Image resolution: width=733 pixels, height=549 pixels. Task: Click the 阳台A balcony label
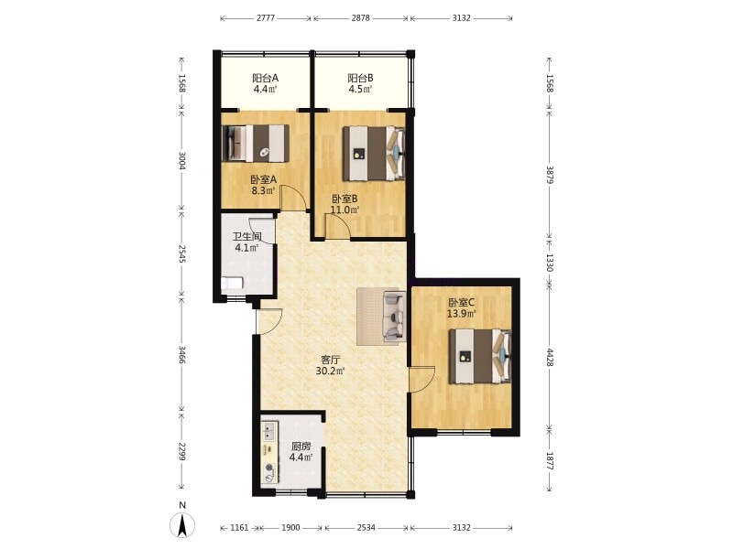[265, 78]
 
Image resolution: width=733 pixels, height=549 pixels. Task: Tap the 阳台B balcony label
[360, 78]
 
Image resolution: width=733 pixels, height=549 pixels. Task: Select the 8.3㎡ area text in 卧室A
[263, 190]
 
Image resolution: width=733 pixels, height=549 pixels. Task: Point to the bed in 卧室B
[374, 153]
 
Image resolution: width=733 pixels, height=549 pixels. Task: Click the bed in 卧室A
[256, 143]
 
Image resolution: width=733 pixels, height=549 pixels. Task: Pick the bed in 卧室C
[479, 356]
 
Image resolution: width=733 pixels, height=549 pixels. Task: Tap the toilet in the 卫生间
[232, 284]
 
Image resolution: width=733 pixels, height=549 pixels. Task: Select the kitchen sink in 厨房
[268, 431]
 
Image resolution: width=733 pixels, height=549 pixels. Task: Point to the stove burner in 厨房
[269, 468]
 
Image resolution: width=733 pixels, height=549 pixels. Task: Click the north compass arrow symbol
[182, 524]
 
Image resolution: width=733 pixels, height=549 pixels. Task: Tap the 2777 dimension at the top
[266, 18]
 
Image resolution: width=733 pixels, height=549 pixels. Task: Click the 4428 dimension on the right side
[550, 357]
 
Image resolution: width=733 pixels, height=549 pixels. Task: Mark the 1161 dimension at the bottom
[239, 528]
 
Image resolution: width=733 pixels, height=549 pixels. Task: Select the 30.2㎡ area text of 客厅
[331, 371]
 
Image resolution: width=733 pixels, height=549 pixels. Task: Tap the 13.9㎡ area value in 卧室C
[462, 314]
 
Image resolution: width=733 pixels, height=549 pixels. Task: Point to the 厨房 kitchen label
[301, 447]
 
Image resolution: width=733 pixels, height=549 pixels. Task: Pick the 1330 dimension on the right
[550, 263]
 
